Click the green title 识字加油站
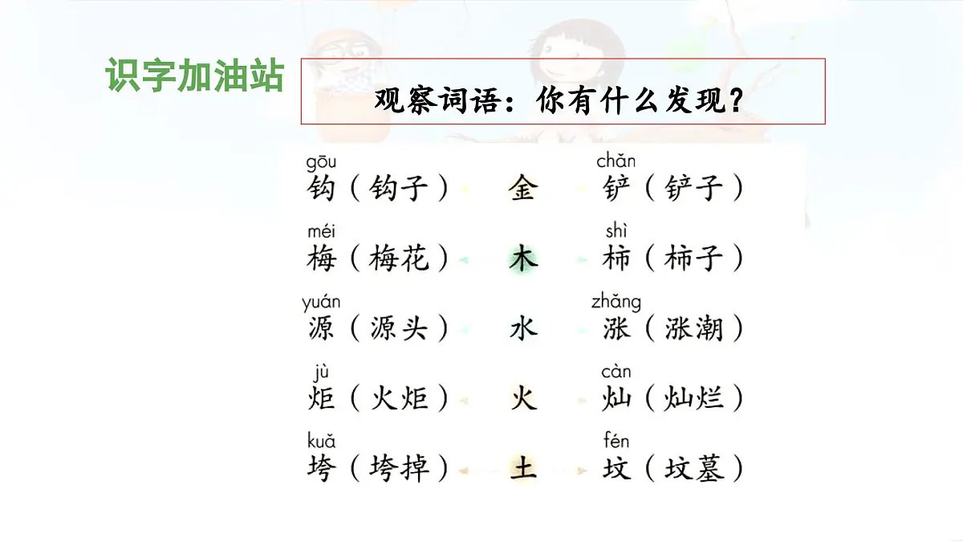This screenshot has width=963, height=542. pos(194,75)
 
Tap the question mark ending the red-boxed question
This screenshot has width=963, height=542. pos(733,101)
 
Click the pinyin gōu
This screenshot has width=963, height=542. pos(321,163)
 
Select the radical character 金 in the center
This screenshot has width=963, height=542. pos(522,189)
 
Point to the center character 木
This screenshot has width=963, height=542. pos(522,259)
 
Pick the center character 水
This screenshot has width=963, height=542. pos(522,328)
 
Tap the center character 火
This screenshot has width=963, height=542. pos(522,397)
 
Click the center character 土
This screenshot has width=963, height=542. pos(522,467)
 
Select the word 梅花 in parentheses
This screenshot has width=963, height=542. pos(399,259)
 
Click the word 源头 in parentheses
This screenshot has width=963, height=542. pos(399,328)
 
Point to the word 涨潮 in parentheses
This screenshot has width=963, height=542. pos(694,328)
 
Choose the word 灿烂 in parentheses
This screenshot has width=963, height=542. pos(694,397)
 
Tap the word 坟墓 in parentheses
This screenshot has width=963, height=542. pos(694,467)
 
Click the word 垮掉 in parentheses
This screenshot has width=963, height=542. pos(399,467)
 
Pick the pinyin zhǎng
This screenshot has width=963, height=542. pos(616,302)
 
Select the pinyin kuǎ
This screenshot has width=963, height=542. pos(321,441)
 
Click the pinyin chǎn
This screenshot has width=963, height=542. pos(616,161)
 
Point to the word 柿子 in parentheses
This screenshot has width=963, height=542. pos(694,259)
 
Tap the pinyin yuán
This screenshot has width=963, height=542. pos(321,303)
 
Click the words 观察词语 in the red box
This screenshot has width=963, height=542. pos(433,101)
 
